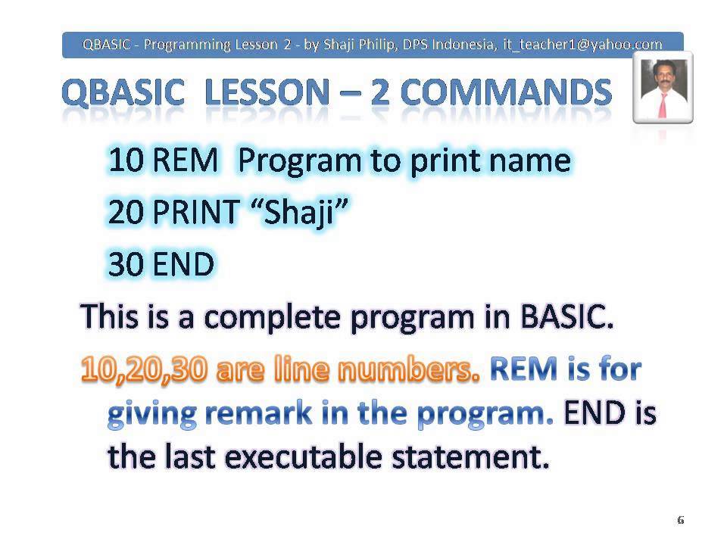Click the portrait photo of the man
click(663, 88)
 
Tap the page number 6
click(680, 520)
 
